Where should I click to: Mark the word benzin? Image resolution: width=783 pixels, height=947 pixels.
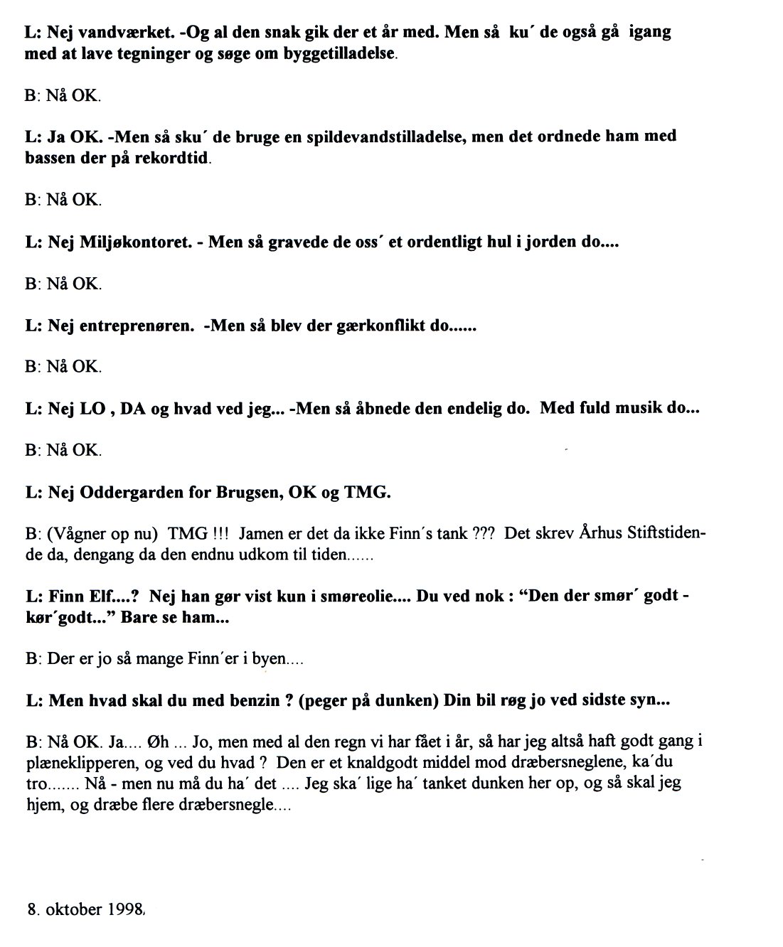pyautogui.click(x=247, y=700)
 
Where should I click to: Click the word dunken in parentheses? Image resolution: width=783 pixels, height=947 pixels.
pyautogui.click(x=405, y=700)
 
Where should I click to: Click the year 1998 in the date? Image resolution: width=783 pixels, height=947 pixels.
pyautogui.click(x=126, y=910)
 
